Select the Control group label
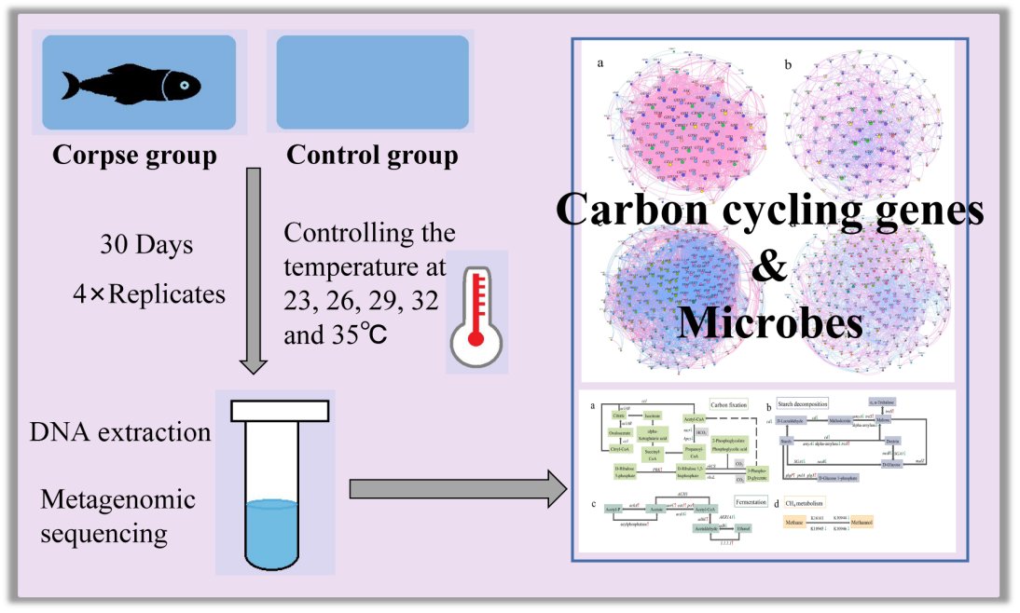(x=372, y=155)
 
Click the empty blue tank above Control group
(x=367, y=82)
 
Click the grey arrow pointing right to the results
(x=457, y=488)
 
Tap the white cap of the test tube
(x=280, y=410)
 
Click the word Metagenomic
(x=118, y=500)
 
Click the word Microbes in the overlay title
(x=769, y=321)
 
